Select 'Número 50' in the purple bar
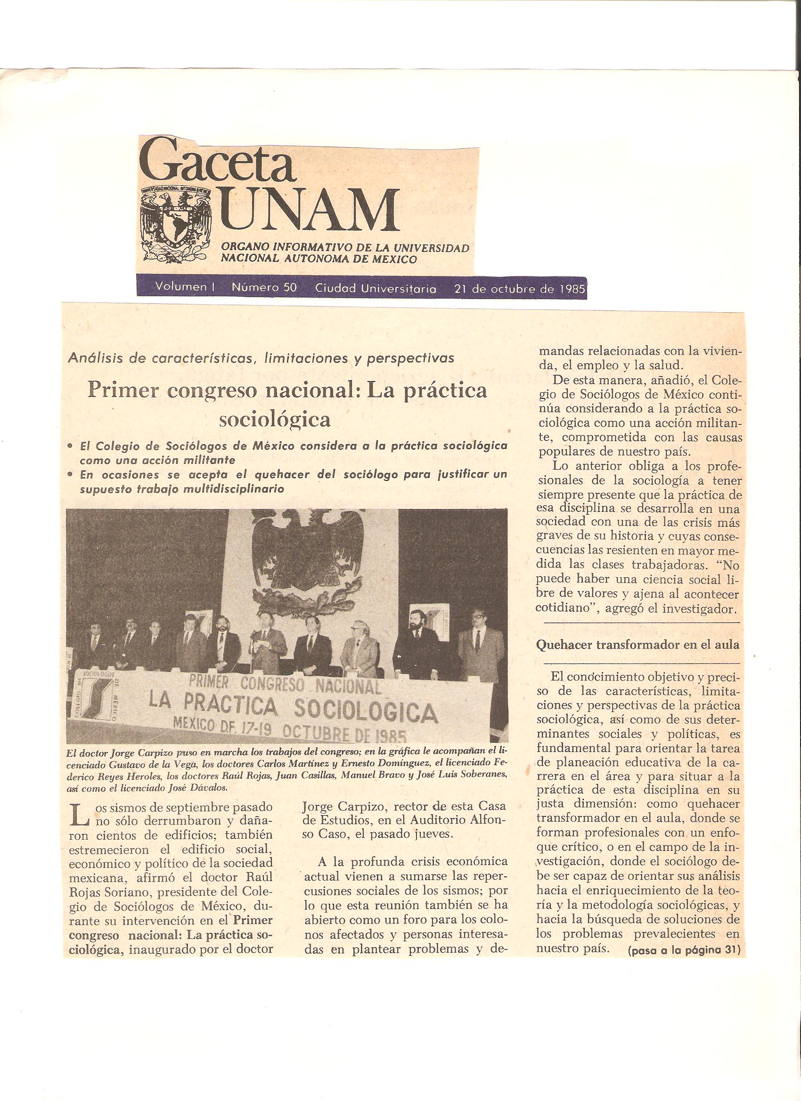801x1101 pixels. (x=264, y=287)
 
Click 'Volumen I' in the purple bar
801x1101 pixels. (x=185, y=287)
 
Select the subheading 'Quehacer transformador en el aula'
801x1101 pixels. (x=637, y=645)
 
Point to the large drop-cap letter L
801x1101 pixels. (x=78, y=815)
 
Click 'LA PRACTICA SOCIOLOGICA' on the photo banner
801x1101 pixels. (x=293, y=709)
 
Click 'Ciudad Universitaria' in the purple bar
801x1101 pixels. (x=376, y=288)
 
